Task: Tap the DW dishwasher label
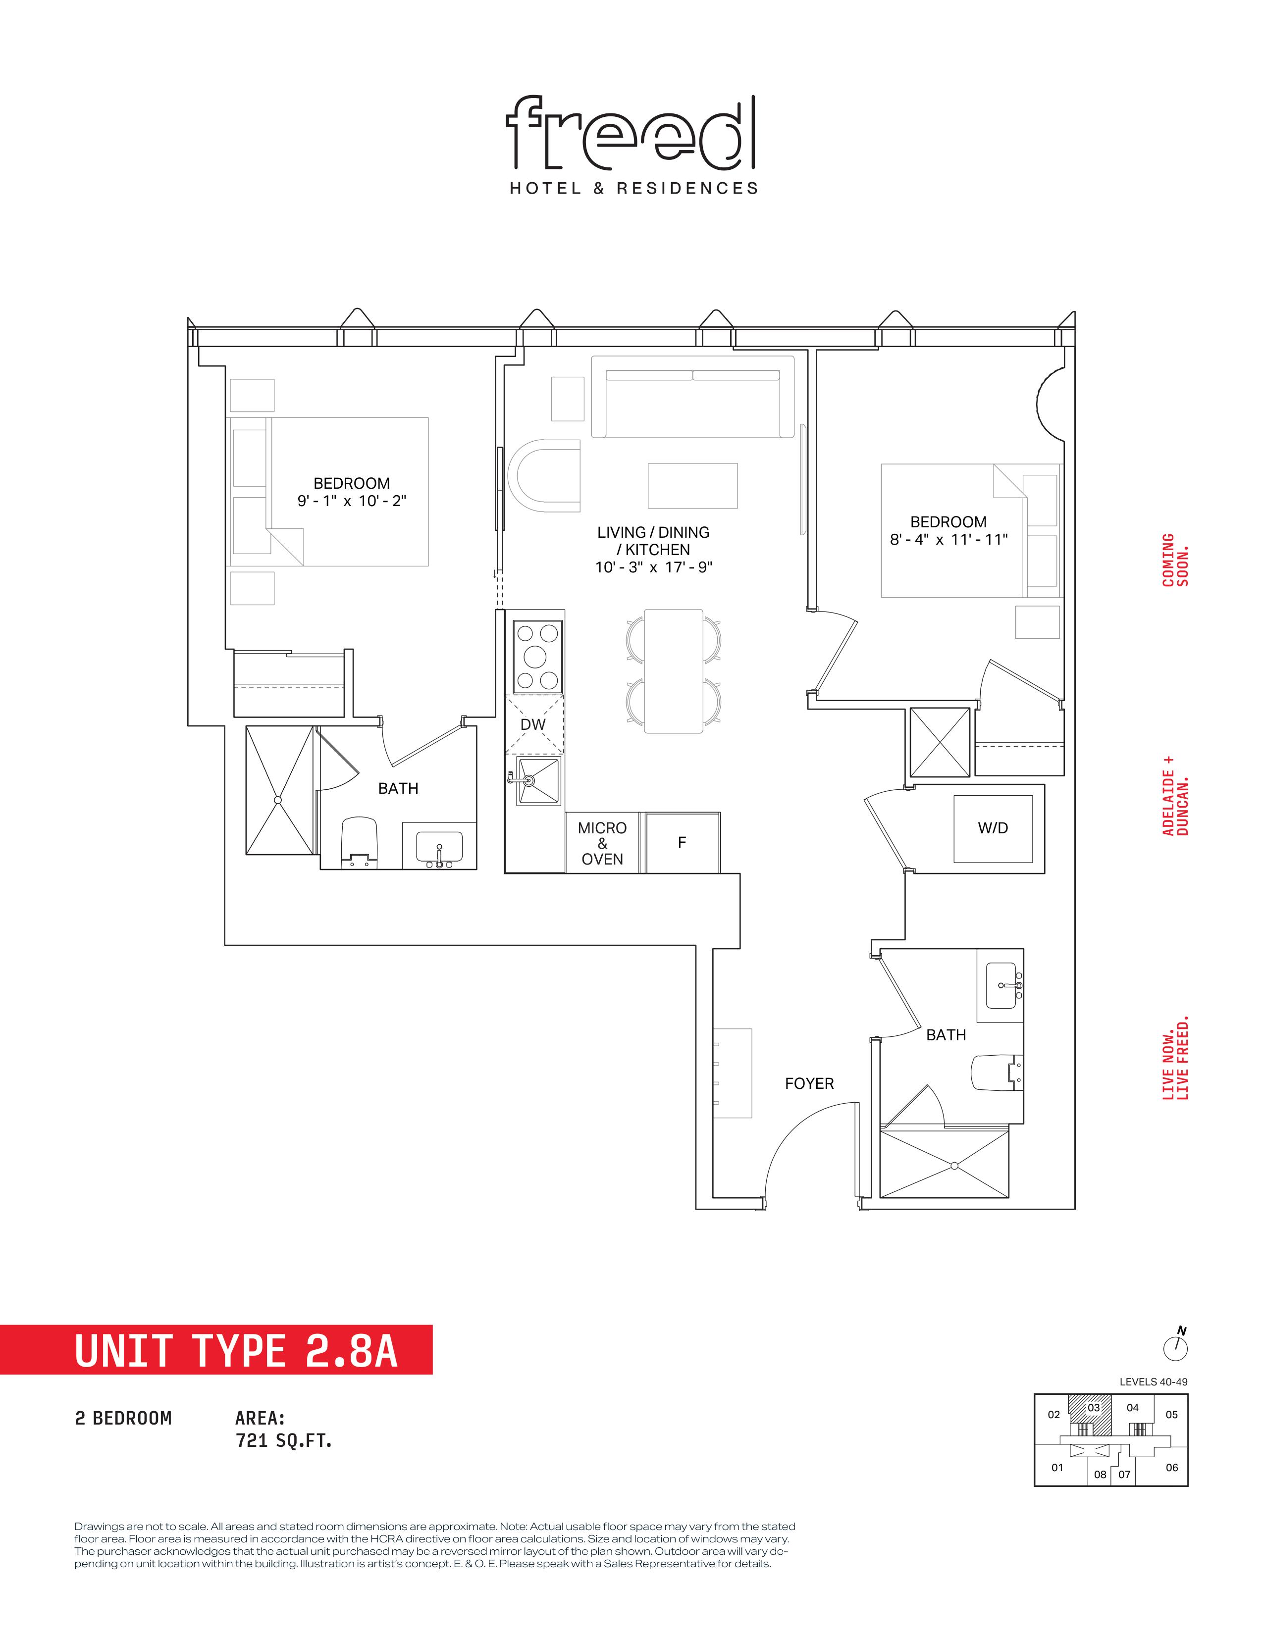[533, 724]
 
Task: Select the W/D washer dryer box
[993, 828]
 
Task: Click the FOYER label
[809, 1083]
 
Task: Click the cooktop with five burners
[538, 656]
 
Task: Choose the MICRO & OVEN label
[602, 843]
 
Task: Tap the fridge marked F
[683, 842]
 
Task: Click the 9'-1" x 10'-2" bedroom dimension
[352, 501]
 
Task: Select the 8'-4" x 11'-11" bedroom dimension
[949, 539]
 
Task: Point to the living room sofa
[693, 397]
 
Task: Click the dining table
[674, 671]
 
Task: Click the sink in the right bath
[1001, 986]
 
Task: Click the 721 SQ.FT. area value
[284, 1440]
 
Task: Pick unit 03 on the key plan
[1093, 1409]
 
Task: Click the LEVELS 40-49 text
[1153, 1382]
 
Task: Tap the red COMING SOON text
[1175, 560]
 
